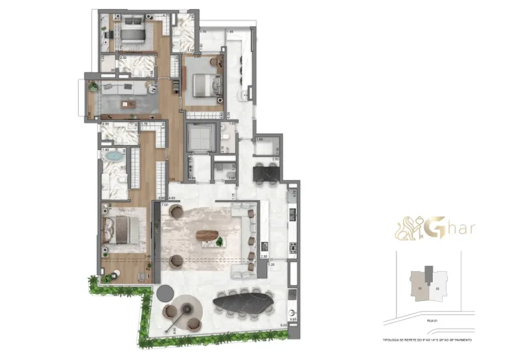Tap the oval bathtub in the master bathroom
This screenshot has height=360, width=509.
(117, 158)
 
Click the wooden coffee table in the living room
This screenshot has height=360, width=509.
(208, 235)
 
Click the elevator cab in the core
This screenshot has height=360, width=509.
(200, 138)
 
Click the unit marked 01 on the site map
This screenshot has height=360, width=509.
(420, 289)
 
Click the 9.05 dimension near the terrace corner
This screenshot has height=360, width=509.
(284, 325)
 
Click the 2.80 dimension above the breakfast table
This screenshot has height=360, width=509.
(274, 159)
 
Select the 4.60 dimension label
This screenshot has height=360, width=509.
(172, 198)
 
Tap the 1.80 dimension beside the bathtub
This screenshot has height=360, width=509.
(105, 150)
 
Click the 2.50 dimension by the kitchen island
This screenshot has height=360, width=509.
(264, 257)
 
